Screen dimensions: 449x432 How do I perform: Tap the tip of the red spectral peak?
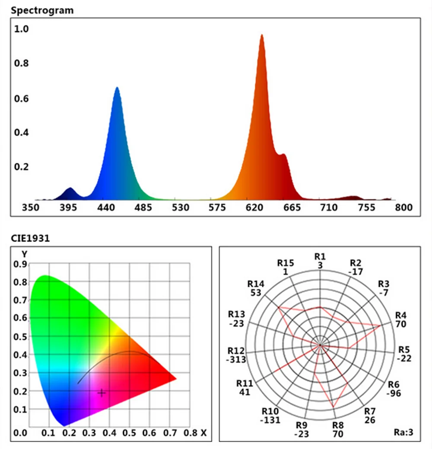261,35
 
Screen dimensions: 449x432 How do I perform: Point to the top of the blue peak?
117,88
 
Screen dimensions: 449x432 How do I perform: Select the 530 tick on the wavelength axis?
181,208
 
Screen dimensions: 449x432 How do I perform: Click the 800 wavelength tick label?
404,208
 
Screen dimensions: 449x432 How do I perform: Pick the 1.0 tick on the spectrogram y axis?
22,29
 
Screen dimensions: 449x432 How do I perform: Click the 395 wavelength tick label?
68,208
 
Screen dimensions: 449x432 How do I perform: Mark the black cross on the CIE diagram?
102,392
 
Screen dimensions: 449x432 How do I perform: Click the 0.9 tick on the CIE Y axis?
20,264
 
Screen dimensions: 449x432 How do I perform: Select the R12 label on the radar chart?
236,350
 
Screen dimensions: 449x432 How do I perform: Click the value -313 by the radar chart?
236,360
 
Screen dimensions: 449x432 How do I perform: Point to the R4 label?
401,315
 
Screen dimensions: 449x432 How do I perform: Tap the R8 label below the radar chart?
338,425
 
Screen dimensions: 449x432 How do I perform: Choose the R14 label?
255,284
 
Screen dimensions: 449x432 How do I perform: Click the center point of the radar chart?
320,345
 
